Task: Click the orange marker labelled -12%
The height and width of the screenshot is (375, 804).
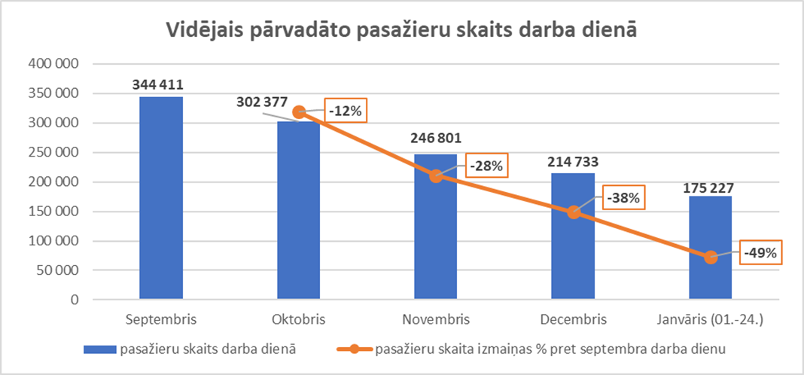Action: pos(298,112)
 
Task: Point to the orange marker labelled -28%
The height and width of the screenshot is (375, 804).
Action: pos(435,175)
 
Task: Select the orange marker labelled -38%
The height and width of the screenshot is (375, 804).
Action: pos(574,212)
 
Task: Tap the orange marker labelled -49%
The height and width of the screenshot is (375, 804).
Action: pos(711,257)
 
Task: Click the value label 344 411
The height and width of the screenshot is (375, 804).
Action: pos(159,84)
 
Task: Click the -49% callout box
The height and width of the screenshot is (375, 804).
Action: pos(760,252)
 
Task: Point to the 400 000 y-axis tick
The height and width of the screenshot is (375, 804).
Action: pos(53,64)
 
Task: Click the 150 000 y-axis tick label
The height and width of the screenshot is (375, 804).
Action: pos(53,212)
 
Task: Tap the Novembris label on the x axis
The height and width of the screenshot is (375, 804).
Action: pos(435,320)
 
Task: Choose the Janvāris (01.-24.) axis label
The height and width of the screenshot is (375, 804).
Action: pos(711,320)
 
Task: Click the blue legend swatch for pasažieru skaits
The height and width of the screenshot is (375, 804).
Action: pos(99,349)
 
